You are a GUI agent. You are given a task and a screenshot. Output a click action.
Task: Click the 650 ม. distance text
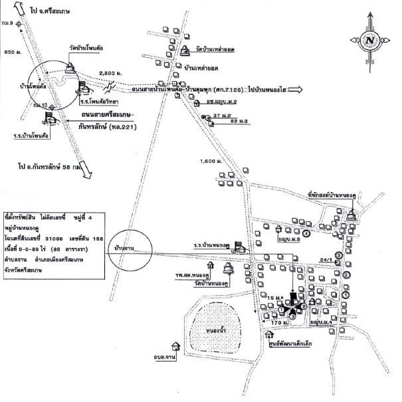(x=13, y=51)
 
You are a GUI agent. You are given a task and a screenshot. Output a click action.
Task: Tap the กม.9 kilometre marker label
(x=8, y=24)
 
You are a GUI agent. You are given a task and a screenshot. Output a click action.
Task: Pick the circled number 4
(x=306, y=234)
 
